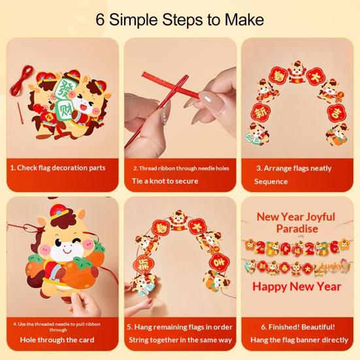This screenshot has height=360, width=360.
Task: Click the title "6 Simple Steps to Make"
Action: [180, 19]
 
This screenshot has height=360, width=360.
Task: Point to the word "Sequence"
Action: [270, 182]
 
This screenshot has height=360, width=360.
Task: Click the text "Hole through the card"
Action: [57, 340]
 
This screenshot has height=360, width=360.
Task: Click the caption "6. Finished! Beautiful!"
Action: [297, 326]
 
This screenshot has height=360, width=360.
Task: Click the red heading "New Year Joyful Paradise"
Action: [296, 222]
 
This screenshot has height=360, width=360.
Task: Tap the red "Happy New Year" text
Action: [297, 287]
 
